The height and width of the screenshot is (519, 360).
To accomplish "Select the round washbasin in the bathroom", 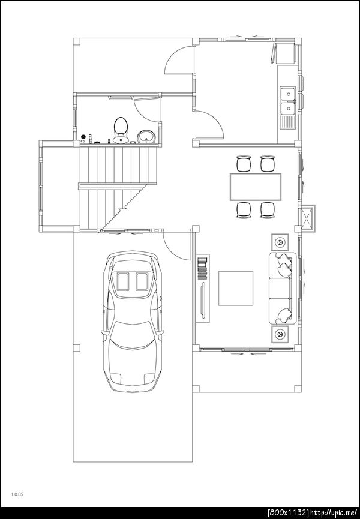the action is (146, 137).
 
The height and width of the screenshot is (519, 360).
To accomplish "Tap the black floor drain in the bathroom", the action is (83, 136).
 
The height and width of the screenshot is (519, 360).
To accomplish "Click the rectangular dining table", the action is (256, 187).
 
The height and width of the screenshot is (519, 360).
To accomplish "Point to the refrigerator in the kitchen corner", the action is (286, 52).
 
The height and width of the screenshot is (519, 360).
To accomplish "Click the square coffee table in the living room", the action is (236, 288).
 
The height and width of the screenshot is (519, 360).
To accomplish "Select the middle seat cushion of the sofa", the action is (280, 288).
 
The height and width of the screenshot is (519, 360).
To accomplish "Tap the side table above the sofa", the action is (280, 242).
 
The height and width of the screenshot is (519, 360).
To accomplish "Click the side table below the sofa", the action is (280, 334).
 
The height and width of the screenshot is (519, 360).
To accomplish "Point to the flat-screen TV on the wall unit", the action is (203, 299).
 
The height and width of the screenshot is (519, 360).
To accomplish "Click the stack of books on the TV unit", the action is (202, 268).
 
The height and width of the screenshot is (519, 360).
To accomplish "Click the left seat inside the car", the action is (123, 281).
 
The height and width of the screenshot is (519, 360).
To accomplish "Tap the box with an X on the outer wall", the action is (308, 217).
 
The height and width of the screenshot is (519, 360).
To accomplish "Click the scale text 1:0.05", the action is (17, 494).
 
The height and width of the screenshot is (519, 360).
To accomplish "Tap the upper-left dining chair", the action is (244, 163).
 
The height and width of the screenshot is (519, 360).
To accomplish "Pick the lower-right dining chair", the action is (268, 211).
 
